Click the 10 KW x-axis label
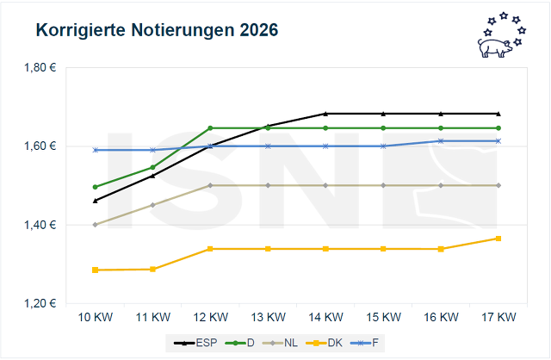(95, 317)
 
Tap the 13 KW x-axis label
(268, 317)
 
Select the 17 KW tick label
(498, 317)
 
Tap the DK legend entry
(331, 343)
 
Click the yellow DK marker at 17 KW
(498, 239)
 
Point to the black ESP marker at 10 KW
(95, 201)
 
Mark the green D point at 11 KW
(152, 167)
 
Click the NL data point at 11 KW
(152, 205)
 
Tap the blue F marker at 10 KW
(95, 150)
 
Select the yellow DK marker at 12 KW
(210, 249)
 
